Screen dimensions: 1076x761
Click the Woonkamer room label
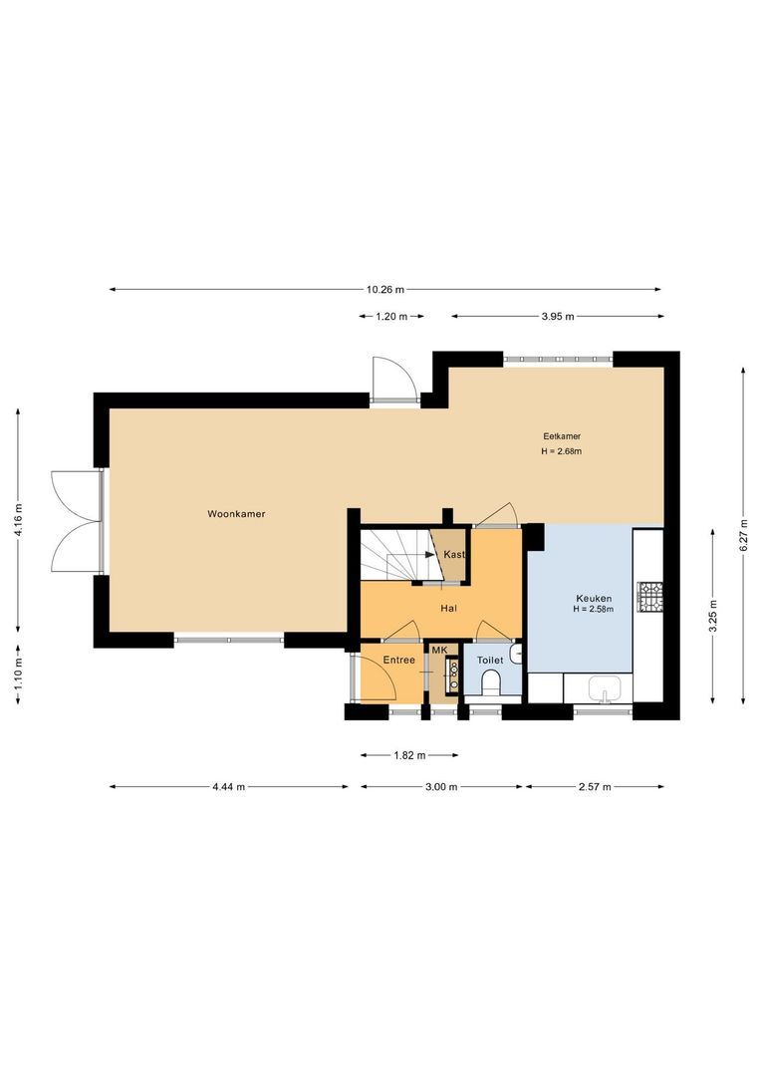pos(236,514)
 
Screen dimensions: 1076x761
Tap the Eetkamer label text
pos(562,436)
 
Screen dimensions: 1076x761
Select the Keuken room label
pos(594,598)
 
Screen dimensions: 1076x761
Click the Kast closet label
pos(454,555)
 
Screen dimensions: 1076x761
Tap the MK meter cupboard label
pos(440,651)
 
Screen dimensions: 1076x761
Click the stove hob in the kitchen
pos(650,596)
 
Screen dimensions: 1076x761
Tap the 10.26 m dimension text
pos(385,290)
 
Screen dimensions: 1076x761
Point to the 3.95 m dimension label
pos(558,317)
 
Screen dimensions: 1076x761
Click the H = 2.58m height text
pos(594,609)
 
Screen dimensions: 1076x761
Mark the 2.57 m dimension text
pos(594,787)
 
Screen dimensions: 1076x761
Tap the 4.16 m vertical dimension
pos(18,518)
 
